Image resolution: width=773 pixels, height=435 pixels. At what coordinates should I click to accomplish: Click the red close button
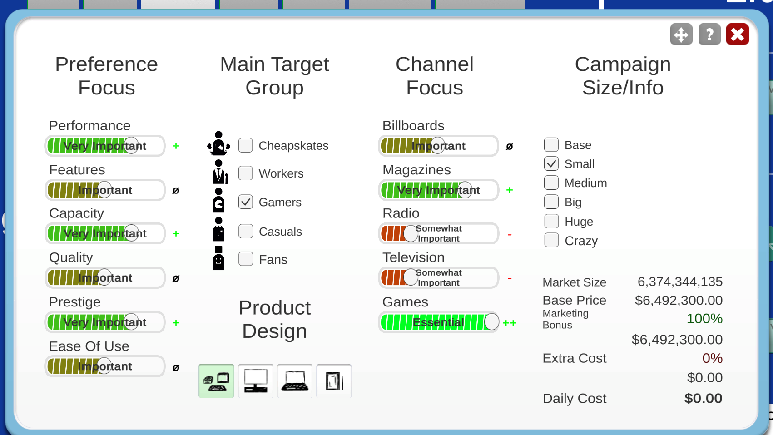tap(737, 35)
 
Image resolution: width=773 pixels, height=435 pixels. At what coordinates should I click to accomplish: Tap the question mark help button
tap(709, 35)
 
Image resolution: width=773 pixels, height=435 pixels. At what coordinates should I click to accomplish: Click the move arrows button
tap(681, 35)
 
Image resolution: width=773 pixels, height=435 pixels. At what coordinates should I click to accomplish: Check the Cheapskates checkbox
tap(245, 145)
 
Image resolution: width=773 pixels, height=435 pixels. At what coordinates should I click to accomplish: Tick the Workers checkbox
tap(245, 173)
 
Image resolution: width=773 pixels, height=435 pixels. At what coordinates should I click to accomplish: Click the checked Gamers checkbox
tap(245, 202)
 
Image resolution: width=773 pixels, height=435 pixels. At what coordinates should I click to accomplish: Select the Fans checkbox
tap(245, 259)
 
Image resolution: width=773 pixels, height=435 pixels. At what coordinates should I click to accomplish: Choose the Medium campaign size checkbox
tap(551, 183)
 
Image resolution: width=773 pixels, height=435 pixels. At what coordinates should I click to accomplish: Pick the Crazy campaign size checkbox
tap(551, 240)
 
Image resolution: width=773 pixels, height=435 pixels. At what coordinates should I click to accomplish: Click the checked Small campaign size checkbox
tap(551, 163)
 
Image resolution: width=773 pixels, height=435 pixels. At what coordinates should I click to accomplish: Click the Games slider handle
tap(491, 322)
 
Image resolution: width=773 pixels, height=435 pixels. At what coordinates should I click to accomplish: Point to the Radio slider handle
tap(410, 233)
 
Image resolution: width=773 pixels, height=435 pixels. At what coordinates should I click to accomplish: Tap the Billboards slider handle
tap(437, 146)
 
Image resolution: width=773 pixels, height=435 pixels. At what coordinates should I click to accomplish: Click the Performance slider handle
tap(131, 146)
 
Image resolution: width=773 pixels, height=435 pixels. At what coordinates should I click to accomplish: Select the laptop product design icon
tap(295, 381)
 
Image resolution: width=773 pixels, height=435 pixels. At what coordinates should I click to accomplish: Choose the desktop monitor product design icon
tap(255, 381)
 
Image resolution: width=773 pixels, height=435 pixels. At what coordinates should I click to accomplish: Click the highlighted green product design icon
tap(216, 381)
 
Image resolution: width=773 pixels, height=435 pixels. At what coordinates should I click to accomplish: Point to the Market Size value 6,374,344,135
tap(680, 282)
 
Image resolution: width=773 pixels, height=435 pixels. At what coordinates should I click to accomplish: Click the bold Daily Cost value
tap(704, 398)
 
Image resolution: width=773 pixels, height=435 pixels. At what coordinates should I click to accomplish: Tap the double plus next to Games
tap(509, 323)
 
